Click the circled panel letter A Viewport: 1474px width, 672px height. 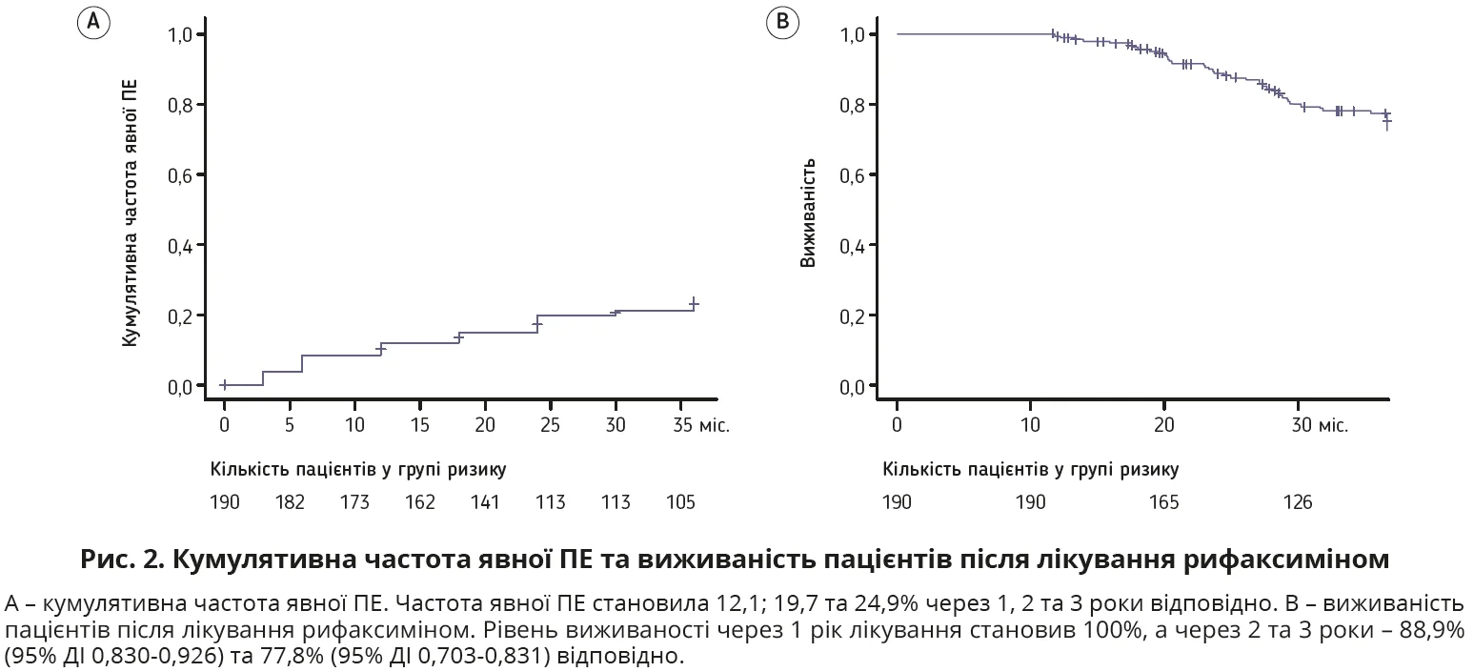92,23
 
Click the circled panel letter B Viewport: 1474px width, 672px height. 782,23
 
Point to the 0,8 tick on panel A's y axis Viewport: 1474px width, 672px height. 181,105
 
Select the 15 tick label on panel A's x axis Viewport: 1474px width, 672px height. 420,425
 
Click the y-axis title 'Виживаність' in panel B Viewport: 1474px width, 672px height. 809,212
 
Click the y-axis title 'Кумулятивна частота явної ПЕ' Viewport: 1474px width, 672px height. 131,211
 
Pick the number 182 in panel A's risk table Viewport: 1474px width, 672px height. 290,502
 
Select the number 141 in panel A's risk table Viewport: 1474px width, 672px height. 485,502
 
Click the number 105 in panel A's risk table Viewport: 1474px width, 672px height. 680,502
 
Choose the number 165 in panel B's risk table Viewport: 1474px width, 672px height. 1163,502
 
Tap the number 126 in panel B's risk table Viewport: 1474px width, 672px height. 1297,502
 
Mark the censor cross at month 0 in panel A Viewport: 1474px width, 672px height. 224,385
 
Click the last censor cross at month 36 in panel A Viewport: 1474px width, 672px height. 694,303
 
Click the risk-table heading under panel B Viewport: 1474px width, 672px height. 1031,470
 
